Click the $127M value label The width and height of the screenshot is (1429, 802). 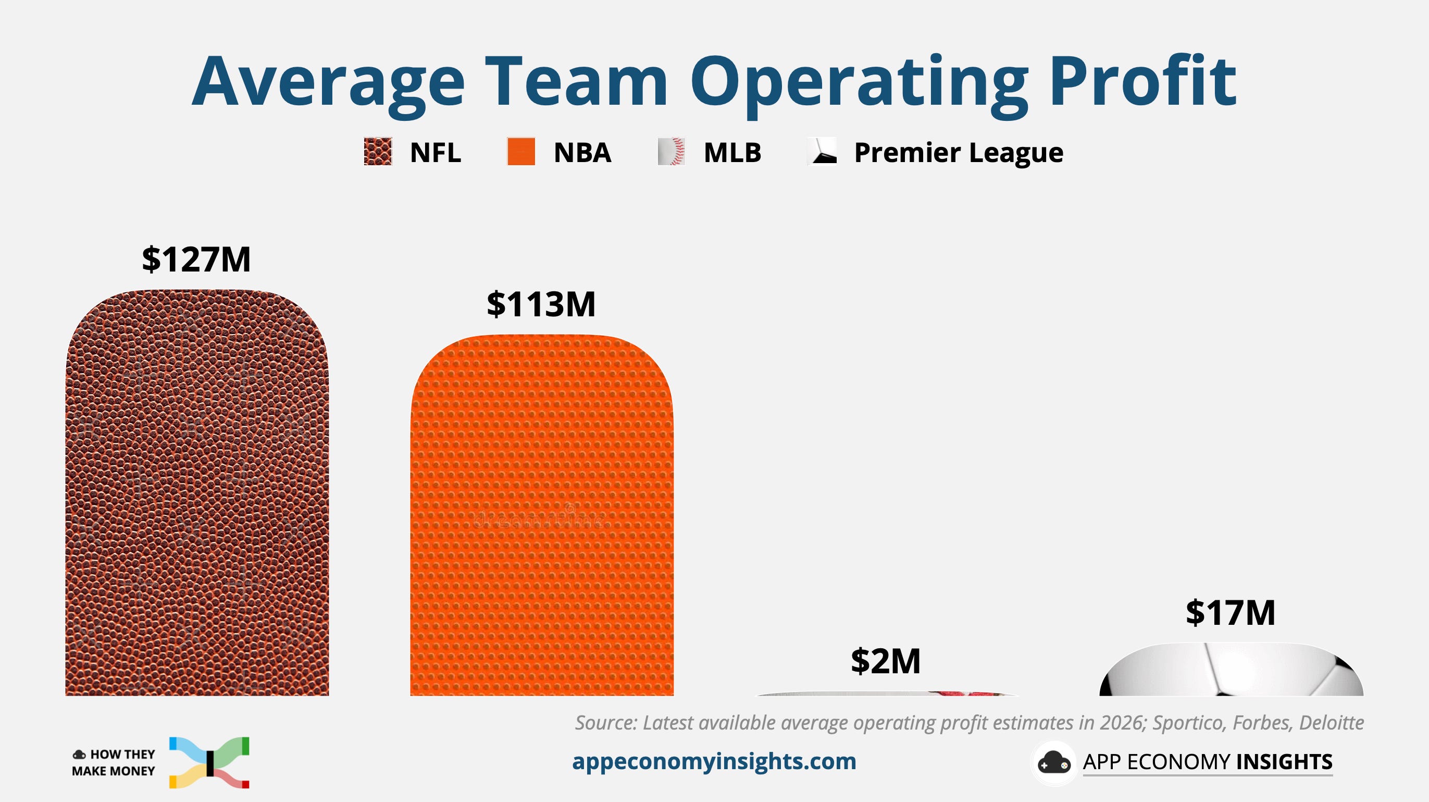pyautogui.click(x=196, y=259)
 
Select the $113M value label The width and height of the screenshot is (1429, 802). pyautogui.click(x=541, y=304)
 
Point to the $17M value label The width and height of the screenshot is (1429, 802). pyautogui.click(x=1231, y=613)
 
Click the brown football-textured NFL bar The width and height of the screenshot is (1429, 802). pyautogui.click(x=197, y=493)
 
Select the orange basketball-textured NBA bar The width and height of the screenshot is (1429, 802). pyautogui.click(x=542, y=515)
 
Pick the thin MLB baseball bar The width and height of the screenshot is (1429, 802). pyautogui.click(x=887, y=694)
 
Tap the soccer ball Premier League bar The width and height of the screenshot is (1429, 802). pyautogui.click(x=1232, y=669)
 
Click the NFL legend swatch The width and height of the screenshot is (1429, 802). pyautogui.click(x=378, y=152)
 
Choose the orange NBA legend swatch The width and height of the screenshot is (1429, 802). pyautogui.click(x=521, y=152)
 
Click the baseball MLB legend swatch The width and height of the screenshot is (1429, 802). pyautogui.click(x=671, y=152)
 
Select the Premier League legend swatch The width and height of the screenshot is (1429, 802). pyautogui.click(x=822, y=152)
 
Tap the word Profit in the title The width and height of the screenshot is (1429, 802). pyautogui.click(x=1143, y=80)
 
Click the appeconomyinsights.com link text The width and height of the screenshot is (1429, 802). pyautogui.click(x=714, y=761)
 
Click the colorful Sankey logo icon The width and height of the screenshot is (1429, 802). pyautogui.click(x=209, y=762)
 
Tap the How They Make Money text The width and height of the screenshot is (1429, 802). pyautogui.click(x=114, y=762)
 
